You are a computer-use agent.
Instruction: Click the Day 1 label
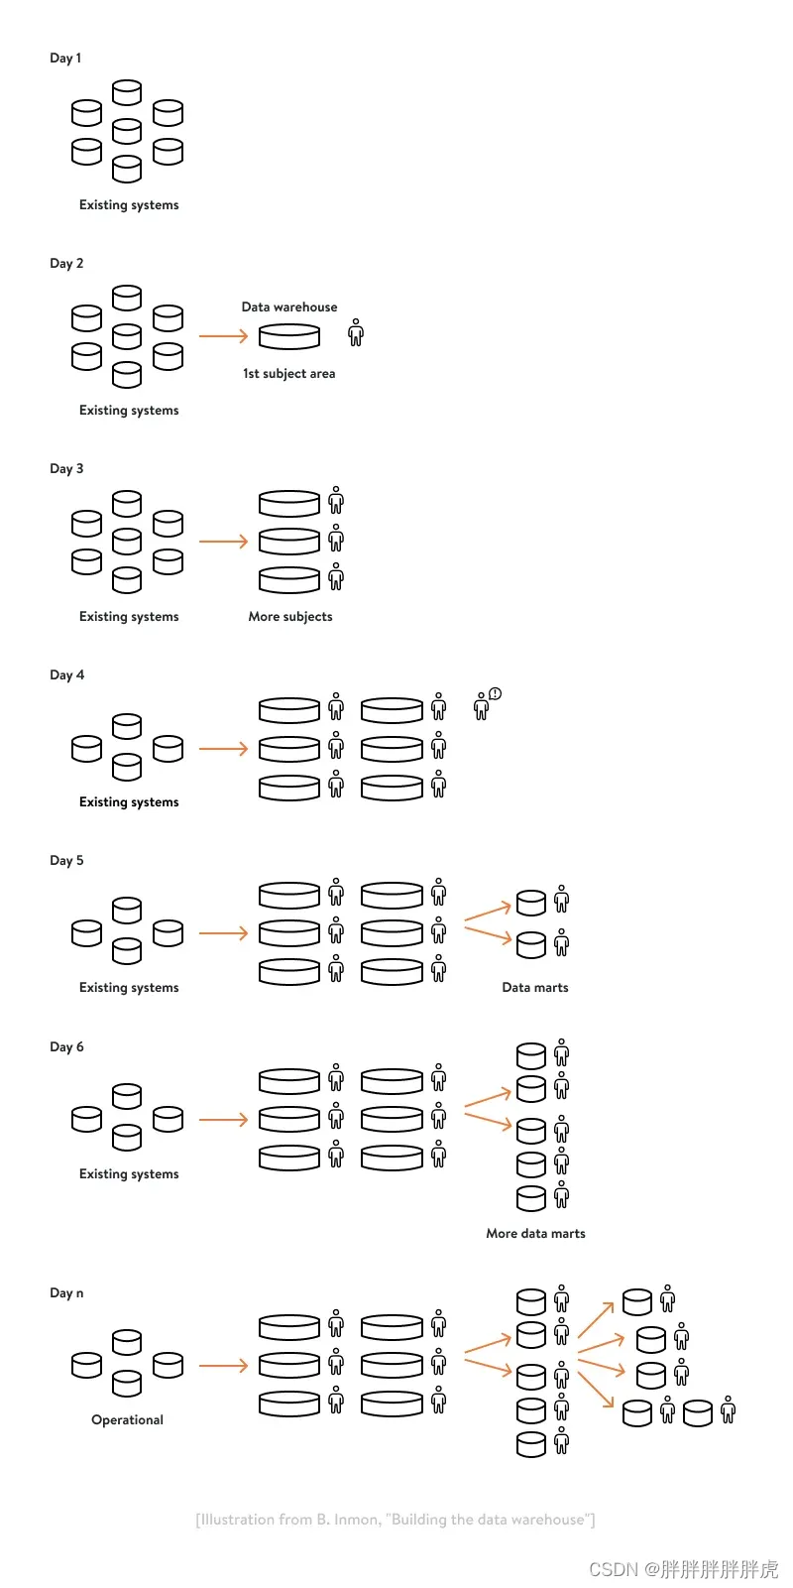pyautogui.click(x=65, y=58)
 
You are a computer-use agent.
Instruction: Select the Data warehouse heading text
pyautogui.click(x=289, y=306)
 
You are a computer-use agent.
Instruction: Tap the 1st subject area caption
pyautogui.click(x=289, y=373)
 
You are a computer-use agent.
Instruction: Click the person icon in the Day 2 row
pyautogui.click(x=356, y=333)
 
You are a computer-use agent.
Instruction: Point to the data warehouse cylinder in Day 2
pyautogui.click(x=289, y=336)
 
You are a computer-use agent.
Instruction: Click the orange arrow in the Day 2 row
pyautogui.click(x=223, y=336)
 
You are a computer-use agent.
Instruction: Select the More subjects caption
pyautogui.click(x=290, y=616)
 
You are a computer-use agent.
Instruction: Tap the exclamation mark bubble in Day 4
pyautogui.click(x=496, y=694)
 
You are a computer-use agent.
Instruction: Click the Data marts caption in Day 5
pyautogui.click(x=535, y=987)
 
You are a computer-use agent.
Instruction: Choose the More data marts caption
pyautogui.click(x=535, y=1233)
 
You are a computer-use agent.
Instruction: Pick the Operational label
pyautogui.click(x=127, y=1419)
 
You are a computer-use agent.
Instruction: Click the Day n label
pyautogui.click(x=66, y=1292)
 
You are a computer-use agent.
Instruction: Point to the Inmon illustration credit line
pyautogui.click(x=396, y=1520)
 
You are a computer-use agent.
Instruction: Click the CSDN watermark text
pyautogui.click(x=683, y=1569)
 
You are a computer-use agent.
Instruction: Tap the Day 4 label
pyautogui.click(x=66, y=674)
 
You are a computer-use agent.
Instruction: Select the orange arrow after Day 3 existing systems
pyautogui.click(x=223, y=542)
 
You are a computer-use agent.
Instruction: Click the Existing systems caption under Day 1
pyautogui.click(x=129, y=204)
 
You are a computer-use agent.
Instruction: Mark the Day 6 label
pyautogui.click(x=66, y=1046)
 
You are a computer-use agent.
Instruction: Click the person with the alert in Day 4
pyautogui.click(x=482, y=707)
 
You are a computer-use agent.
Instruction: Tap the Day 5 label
pyautogui.click(x=66, y=860)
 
